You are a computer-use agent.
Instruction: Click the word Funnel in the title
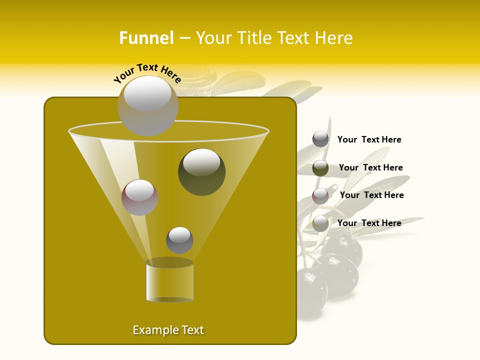[146, 38]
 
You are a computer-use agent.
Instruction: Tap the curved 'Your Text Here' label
[147, 72]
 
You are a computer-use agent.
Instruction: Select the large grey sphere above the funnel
[147, 105]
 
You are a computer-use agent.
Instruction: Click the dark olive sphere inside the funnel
[201, 171]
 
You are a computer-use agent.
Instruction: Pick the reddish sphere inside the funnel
[139, 197]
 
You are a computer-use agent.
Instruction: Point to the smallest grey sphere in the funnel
[179, 240]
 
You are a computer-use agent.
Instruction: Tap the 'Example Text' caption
[168, 330]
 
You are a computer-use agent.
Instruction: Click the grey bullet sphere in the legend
[320, 139]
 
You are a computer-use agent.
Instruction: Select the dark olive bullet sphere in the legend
[320, 168]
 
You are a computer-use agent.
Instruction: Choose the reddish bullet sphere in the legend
[320, 196]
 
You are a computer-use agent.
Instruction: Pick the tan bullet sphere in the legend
[320, 223]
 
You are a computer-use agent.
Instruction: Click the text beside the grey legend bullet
[369, 139]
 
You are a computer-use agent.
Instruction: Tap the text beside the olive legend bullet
[370, 167]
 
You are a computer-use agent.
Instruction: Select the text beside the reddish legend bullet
[371, 195]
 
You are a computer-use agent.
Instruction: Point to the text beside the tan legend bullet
[369, 223]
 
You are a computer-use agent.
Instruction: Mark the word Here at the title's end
[334, 38]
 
